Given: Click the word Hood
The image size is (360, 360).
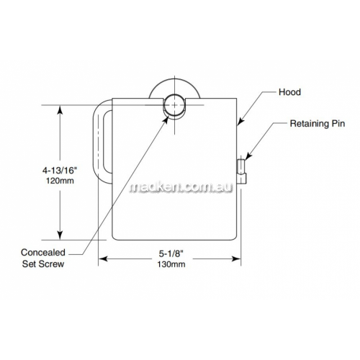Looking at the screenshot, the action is point(289,92).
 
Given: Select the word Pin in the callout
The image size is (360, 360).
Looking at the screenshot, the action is point(338,124).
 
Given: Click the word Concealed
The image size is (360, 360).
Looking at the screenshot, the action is point(43,253).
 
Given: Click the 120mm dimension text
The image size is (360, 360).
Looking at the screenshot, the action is point(60,181).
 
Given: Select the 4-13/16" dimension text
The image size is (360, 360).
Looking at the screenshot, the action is point(60,171).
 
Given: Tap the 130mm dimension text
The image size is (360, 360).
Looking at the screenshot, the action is point(171,264).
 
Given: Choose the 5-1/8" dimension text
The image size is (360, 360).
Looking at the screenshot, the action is point(171,253).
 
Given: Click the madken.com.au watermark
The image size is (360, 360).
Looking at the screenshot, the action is point(181,187).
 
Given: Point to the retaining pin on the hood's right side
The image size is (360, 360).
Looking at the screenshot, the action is point(241,171).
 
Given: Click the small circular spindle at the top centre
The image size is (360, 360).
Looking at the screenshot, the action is point(174,105).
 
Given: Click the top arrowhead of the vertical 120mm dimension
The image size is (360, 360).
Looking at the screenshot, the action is point(60,110).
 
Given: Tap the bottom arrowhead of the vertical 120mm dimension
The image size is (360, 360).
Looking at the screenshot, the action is point(60,235).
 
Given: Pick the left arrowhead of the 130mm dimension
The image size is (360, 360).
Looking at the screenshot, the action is point(103,258).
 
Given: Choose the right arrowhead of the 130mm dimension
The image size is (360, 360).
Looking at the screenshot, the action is point(236,258).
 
